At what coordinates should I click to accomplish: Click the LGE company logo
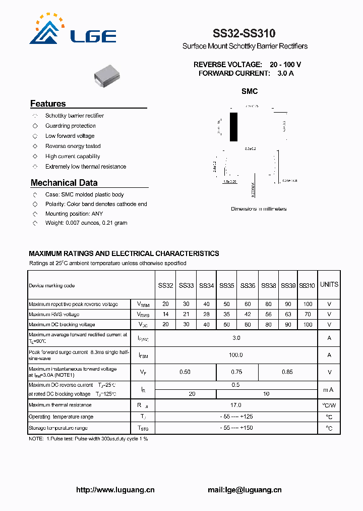coord(73,30)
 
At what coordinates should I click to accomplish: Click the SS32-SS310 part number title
coord(244,34)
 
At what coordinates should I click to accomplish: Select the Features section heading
coord(48,104)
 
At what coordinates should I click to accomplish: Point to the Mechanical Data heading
coord(64,183)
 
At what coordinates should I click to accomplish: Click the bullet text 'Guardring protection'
coord(70,126)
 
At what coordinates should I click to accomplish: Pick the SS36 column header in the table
coord(248,285)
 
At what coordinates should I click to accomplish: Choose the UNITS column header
coord(329,285)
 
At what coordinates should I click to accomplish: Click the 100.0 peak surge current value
coord(236,355)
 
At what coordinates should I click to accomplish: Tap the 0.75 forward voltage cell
coord(236,372)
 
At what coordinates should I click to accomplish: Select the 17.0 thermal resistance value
coord(236,405)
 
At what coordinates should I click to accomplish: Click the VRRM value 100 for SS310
coord(308,304)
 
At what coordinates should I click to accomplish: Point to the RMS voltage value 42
coord(248,315)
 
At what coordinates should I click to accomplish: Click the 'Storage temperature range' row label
coord(58,428)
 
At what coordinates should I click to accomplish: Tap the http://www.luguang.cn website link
coord(115,490)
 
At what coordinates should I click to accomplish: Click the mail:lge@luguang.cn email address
coord(245,490)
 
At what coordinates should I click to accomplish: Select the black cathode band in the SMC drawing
coord(233,127)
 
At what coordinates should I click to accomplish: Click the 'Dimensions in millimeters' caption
coord(259,209)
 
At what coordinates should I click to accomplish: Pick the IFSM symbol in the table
coord(143,355)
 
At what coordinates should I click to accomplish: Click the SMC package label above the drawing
coord(250,91)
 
